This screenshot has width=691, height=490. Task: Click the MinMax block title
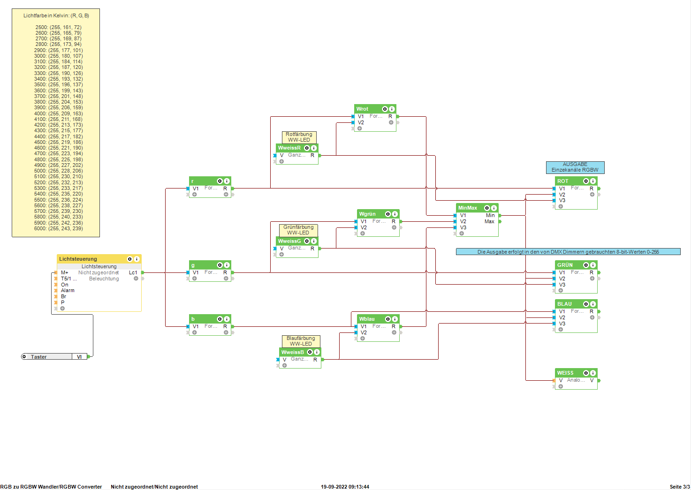468,208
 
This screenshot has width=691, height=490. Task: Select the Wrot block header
363,109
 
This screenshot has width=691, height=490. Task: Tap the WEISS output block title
565,373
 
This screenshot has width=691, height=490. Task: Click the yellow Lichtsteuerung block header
78,259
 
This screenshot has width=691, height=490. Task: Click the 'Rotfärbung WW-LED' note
299,137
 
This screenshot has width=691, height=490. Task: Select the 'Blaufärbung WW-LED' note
301,341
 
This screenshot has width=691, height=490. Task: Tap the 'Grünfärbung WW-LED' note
298,230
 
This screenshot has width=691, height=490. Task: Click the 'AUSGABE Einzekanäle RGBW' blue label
575,167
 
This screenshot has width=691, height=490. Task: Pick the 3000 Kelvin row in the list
58,56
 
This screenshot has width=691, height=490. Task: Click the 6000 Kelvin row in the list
58,228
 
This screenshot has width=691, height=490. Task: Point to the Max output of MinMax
489,221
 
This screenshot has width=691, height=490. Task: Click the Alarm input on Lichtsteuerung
68,290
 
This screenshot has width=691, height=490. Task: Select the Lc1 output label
133,272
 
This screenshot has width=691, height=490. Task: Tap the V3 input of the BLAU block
562,324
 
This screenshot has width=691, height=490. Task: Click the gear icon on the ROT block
585,181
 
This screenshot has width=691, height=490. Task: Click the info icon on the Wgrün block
395,214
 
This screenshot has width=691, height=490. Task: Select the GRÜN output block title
565,265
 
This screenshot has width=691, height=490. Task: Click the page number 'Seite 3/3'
679,487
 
